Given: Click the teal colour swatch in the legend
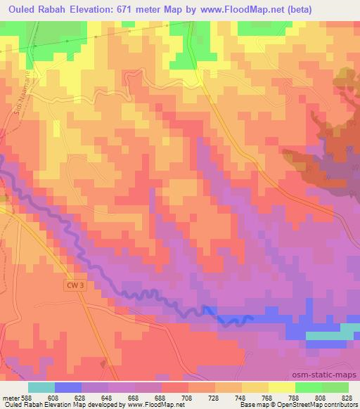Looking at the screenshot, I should pyautogui.click(x=41, y=387).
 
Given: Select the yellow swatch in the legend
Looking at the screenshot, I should pyautogui.click(x=281, y=387).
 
